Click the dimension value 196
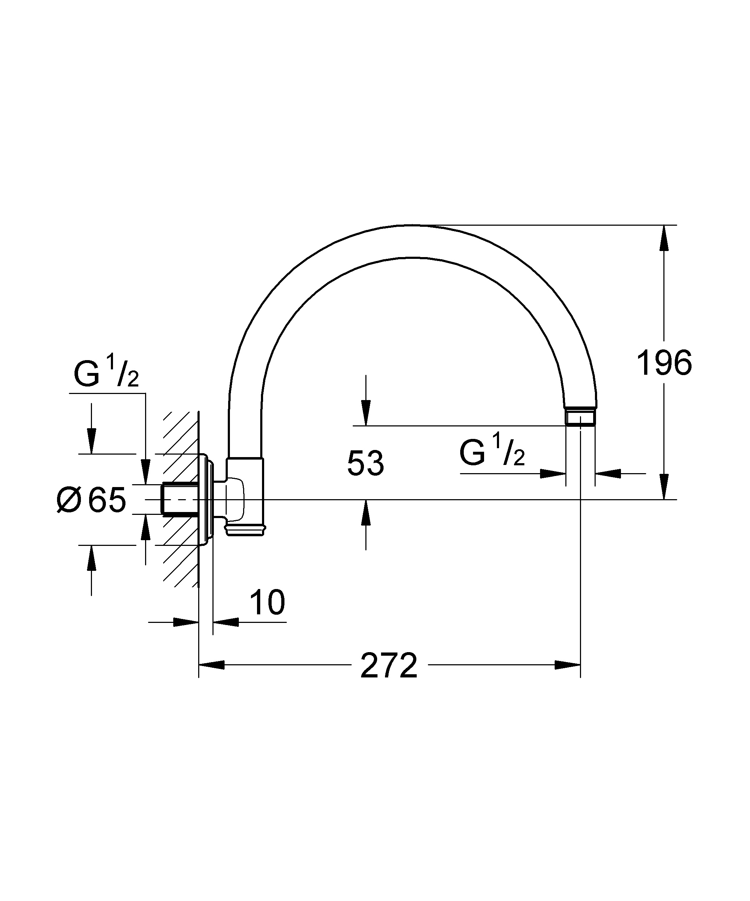pyautogui.click(x=664, y=363)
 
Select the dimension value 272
pyautogui.click(x=389, y=665)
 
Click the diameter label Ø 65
pyautogui.click(x=91, y=500)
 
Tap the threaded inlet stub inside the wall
pyautogui.click(x=180, y=500)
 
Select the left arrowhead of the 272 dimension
pyautogui.click(x=211, y=665)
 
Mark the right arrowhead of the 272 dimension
pyautogui.click(x=567, y=665)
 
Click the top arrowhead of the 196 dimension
pyautogui.click(x=664, y=238)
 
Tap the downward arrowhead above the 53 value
pyautogui.click(x=366, y=413)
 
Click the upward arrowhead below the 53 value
pyautogui.click(x=366, y=512)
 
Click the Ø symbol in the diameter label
pyautogui.click(x=69, y=500)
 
